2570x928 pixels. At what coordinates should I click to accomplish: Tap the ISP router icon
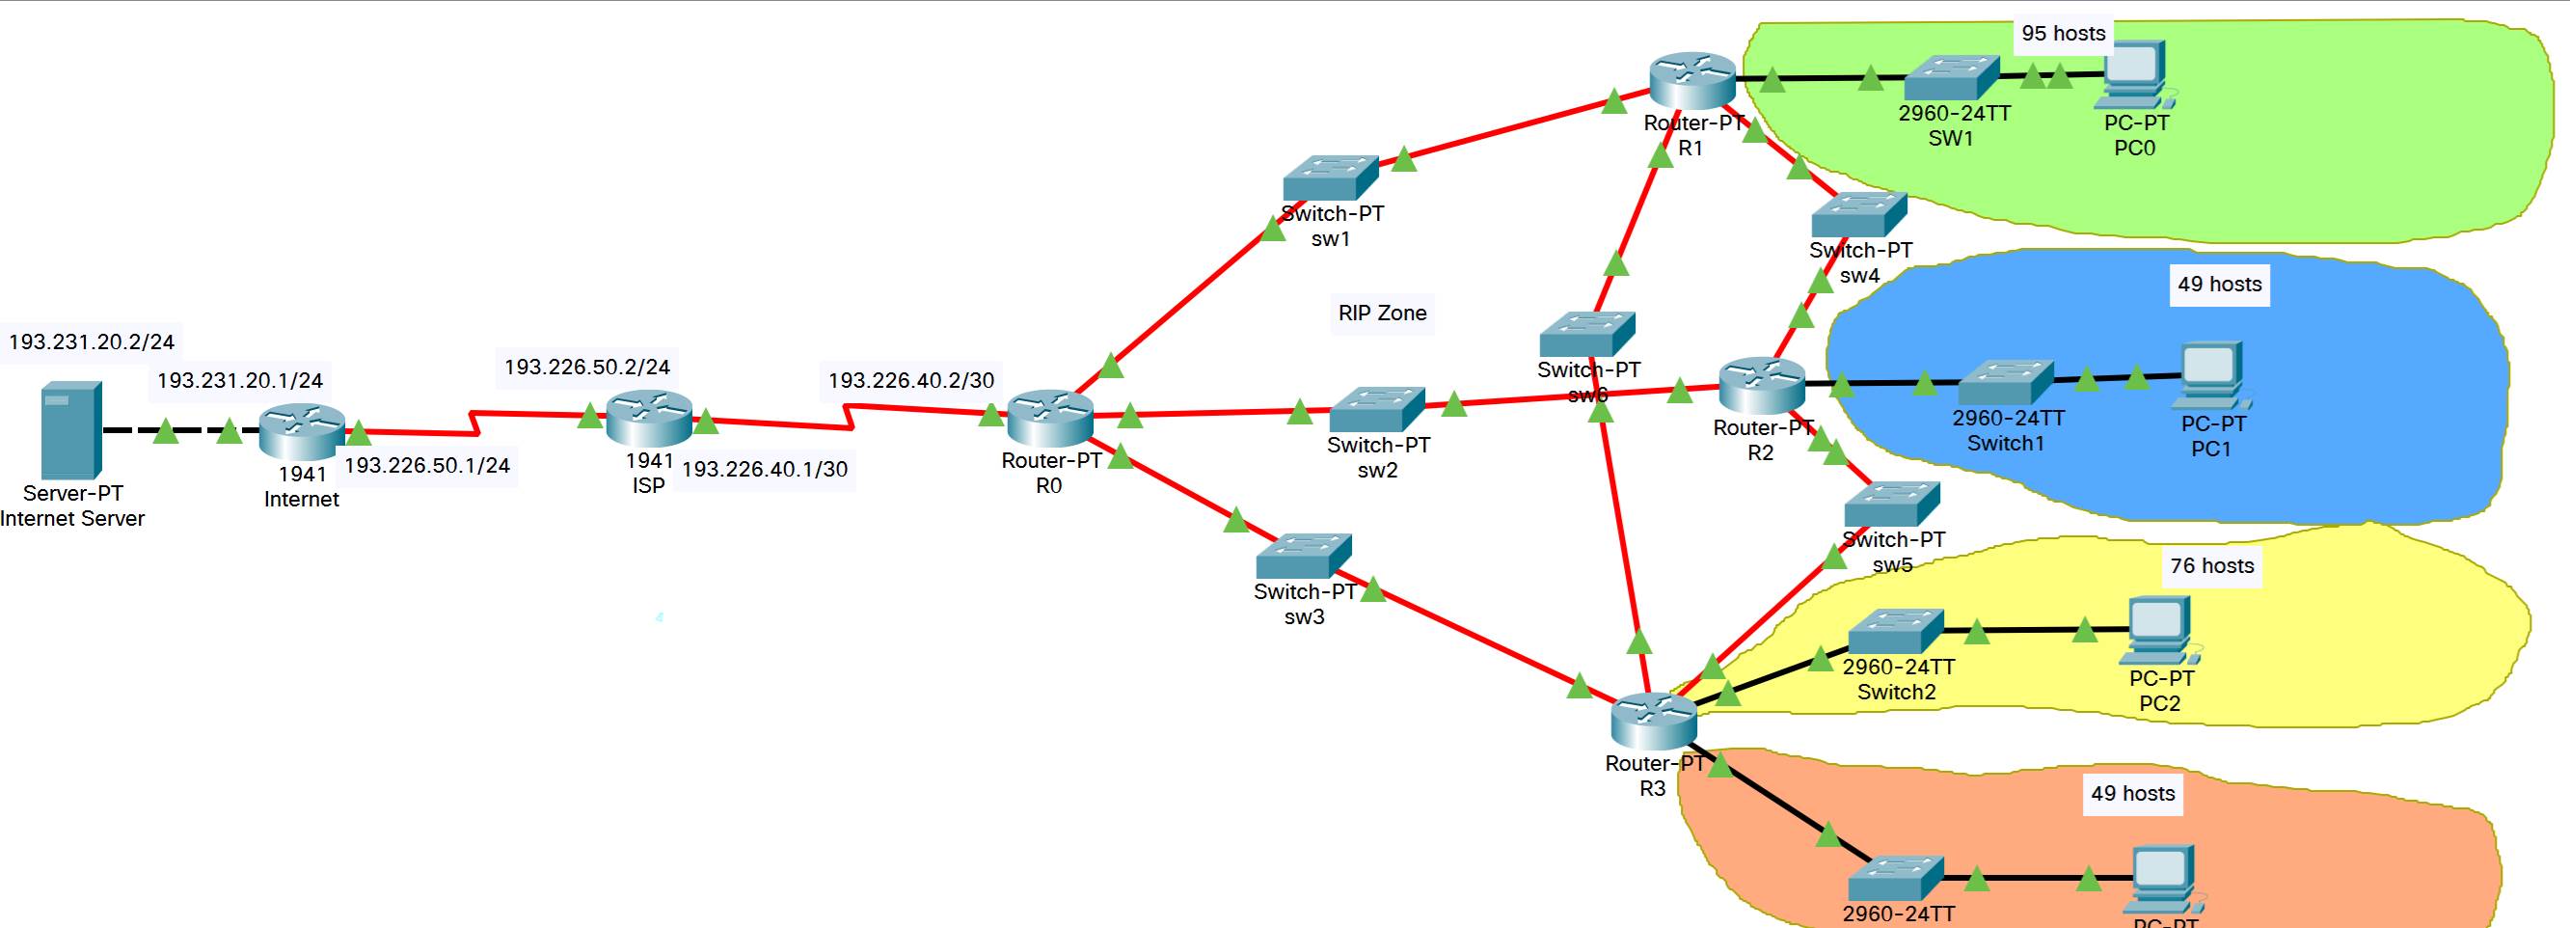648,419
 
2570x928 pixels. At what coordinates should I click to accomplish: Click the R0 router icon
1049,420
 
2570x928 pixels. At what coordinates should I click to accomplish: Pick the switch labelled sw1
1330,178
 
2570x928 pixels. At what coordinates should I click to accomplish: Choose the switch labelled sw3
1303,557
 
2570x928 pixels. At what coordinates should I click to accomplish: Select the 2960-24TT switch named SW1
1952,78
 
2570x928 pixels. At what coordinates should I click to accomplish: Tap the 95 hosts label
2063,33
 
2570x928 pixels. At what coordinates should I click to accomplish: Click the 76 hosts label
2212,566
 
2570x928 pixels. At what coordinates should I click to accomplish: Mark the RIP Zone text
1382,314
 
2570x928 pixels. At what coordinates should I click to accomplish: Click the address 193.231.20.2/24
92,342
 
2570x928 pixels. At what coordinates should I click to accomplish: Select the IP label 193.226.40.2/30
911,380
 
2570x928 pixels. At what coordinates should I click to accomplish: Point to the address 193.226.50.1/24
427,465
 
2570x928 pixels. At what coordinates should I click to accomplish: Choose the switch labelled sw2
1377,410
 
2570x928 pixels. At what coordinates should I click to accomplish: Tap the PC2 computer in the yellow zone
2159,631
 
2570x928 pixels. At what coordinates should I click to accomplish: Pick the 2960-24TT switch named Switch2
1896,632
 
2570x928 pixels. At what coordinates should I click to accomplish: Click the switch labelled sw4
1858,215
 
